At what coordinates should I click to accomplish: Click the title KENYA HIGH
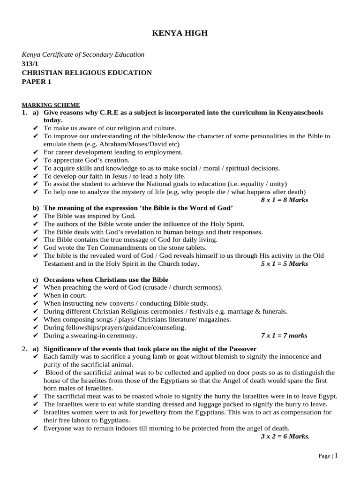point(180,33)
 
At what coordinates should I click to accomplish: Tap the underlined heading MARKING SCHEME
point(51,105)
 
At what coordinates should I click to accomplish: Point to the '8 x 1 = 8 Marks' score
point(285,200)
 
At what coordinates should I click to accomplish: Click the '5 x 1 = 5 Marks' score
point(285,264)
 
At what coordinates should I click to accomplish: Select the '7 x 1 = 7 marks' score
point(284,336)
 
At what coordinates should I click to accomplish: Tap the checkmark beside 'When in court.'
point(36,295)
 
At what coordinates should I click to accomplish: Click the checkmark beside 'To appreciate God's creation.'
point(36,160)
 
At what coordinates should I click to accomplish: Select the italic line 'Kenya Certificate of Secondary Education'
point(83,54)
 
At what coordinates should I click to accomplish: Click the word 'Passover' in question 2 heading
point(242,349)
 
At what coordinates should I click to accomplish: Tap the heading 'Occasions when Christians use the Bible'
point(106,279)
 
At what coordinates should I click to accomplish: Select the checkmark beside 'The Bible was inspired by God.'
point(36,216)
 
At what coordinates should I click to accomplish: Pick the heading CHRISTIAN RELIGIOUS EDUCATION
point(87,73)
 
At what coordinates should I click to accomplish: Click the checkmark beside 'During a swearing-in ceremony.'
point(36,336)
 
